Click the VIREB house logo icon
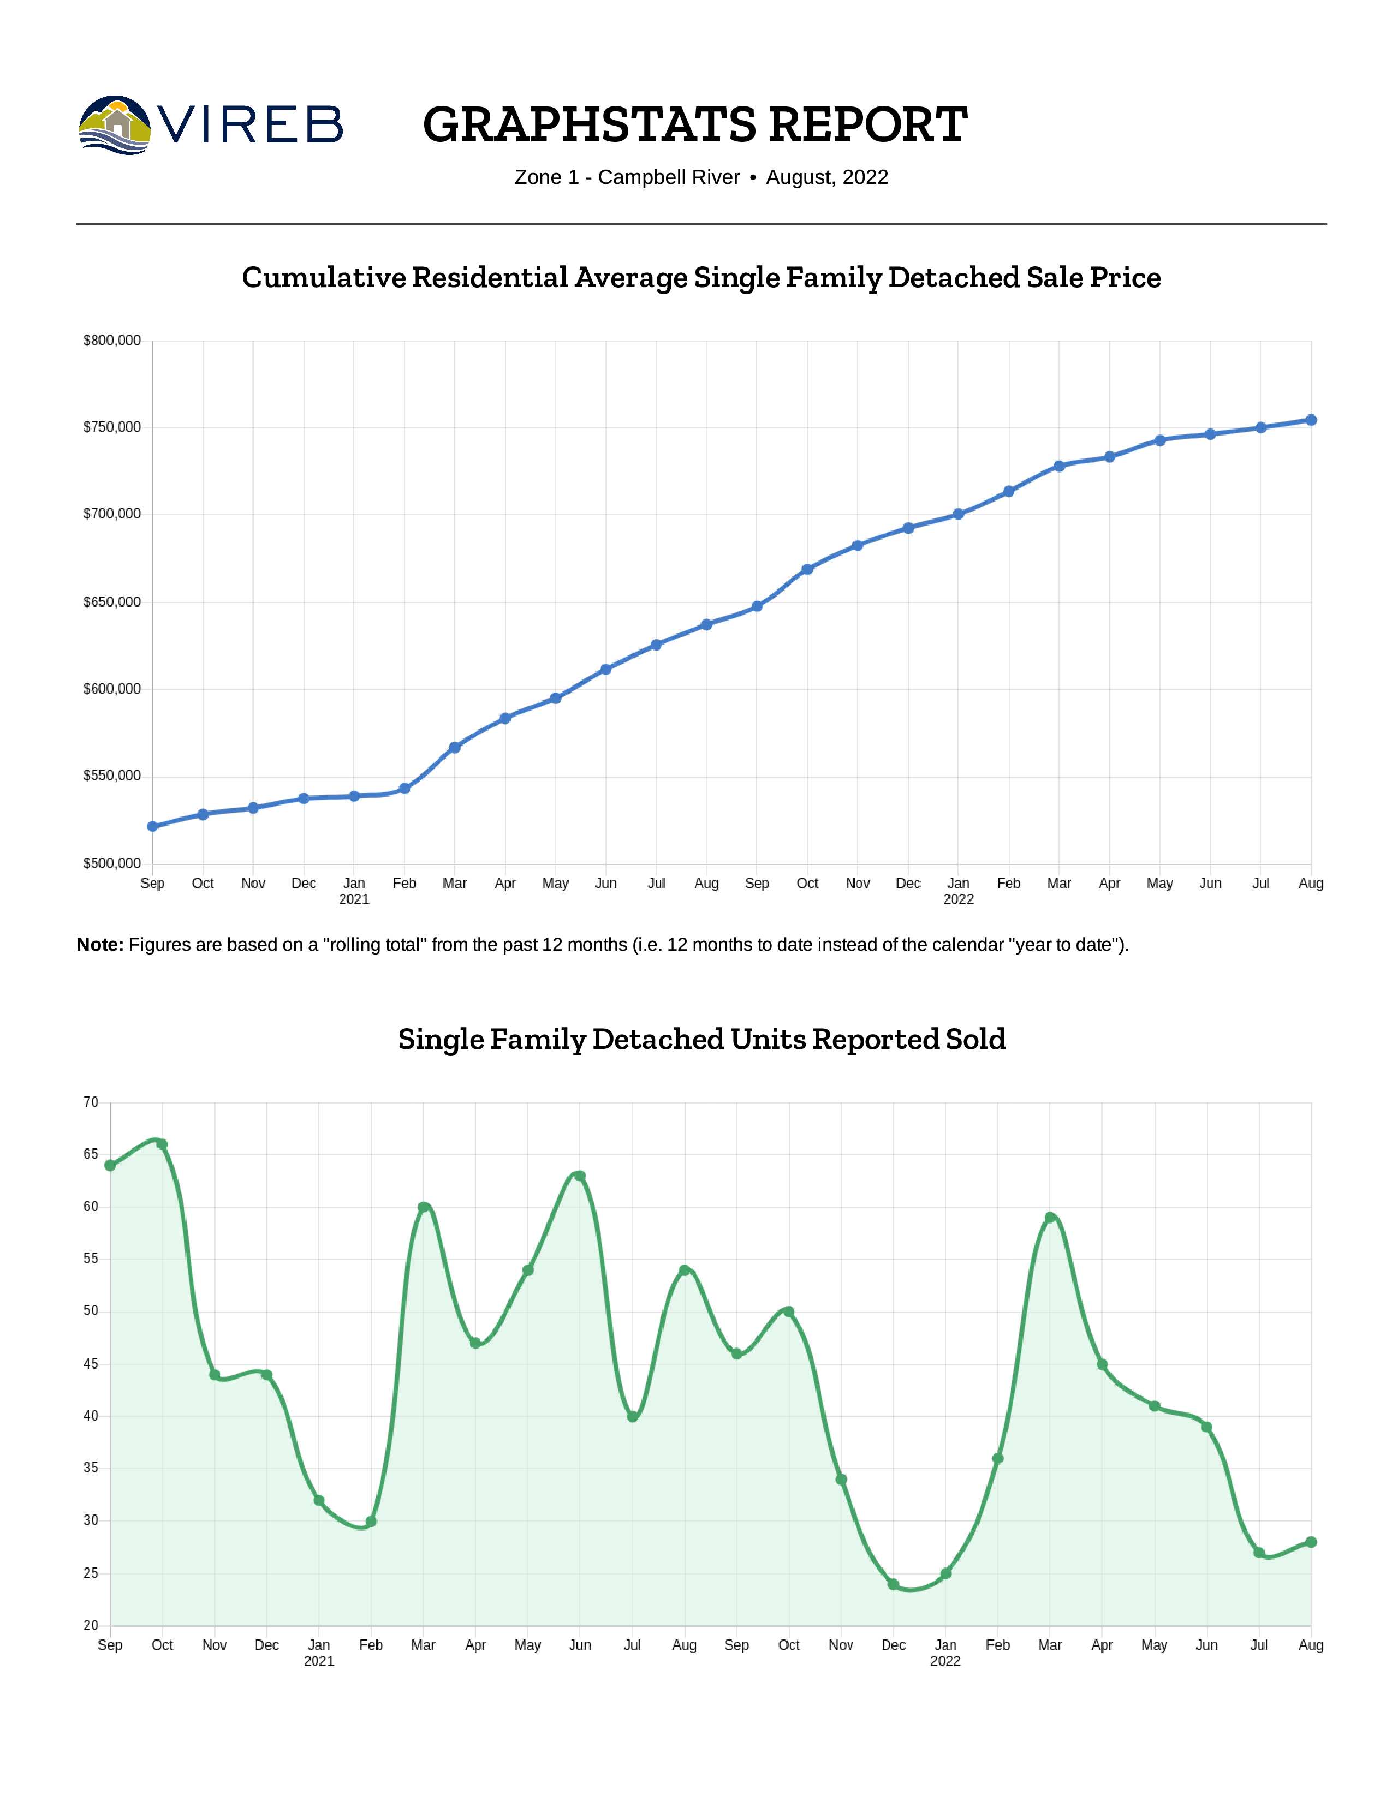(115, 126)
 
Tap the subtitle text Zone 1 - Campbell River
(627, 177)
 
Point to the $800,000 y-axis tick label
(112, 341)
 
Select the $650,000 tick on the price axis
(112, 602)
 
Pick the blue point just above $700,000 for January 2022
(958, 514)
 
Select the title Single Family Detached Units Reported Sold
(702, 1039)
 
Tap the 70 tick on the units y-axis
(91, 1102)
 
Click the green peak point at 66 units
(163, 1144)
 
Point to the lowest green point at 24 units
(893, 1584)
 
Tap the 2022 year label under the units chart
(945, 1661)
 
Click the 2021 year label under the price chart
(354, 899)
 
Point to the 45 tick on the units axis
(91, 1364)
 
